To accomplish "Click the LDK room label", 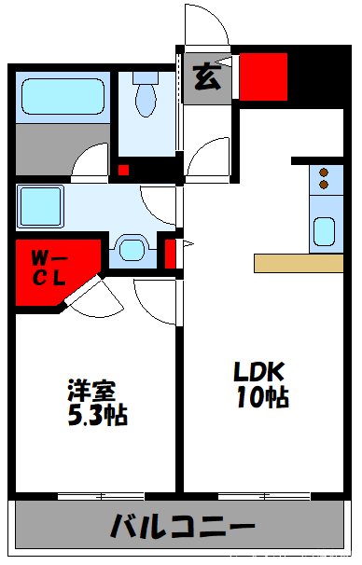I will (x=258, y=369).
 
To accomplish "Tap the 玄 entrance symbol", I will (x=206, y=77).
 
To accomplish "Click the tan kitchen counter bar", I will (x=299, y=262).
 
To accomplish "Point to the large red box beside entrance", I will (x=263, y=76).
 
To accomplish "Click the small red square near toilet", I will (x=123, y=170).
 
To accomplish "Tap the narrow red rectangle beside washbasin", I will (x=171, y=252).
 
